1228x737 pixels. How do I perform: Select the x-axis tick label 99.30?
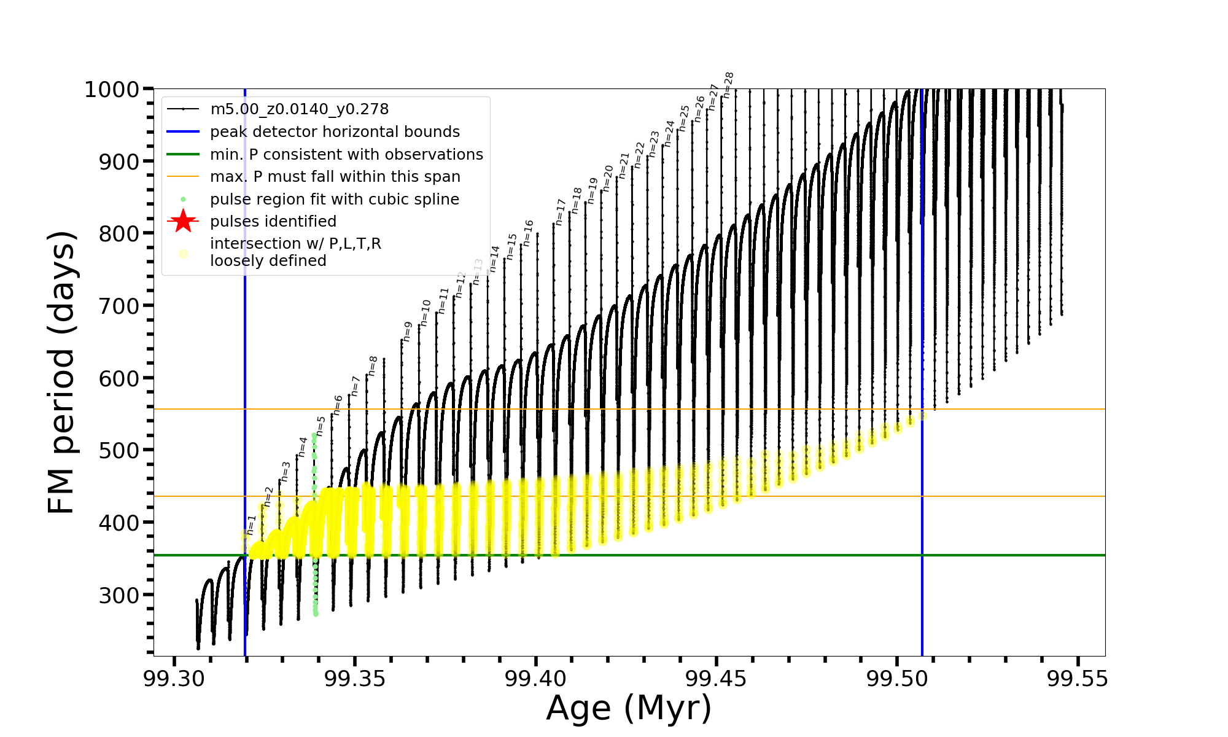(x=174, y=679)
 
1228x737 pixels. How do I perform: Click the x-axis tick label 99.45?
(x=717, y=679)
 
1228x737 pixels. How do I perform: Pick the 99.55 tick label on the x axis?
(x=1078, y=679)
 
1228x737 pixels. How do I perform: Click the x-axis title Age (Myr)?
(x=629, y=708)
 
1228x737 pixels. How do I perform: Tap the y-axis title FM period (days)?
(x=62, y=372)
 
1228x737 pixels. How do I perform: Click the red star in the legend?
(x=183, y=222)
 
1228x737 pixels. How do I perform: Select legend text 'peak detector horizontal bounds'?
(x=335, y=132)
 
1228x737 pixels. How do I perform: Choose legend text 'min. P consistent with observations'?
(x=346, y=155)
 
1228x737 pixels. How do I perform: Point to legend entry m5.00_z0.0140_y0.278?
(x=299, y=109)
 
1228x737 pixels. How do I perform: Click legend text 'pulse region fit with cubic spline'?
(x=334, y=200)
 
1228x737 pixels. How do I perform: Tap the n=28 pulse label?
(x=728, y=85)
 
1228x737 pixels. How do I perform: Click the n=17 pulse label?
(x=560, y=211)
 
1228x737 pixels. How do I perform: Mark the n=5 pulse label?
(x=321, y=426)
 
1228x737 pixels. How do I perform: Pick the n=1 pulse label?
(x=251, y=525)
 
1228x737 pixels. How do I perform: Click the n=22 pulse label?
(x=639, y=155)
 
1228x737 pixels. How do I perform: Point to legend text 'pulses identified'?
(x=273, y=222)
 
